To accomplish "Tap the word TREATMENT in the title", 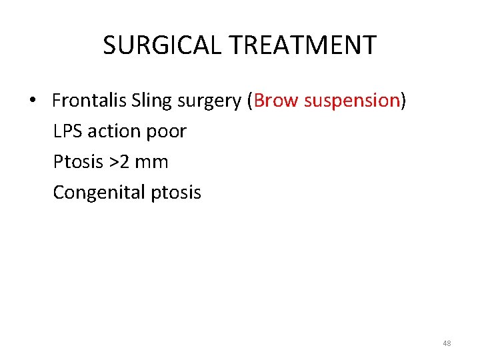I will (303, 45).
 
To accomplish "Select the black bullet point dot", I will (32, 101).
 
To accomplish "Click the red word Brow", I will (276, 101).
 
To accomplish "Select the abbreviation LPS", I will (67, 131).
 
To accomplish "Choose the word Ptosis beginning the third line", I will (75, 162).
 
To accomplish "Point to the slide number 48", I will (447, 343).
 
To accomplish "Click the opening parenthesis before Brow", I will (250, 101).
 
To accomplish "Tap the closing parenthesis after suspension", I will (403, 101).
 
